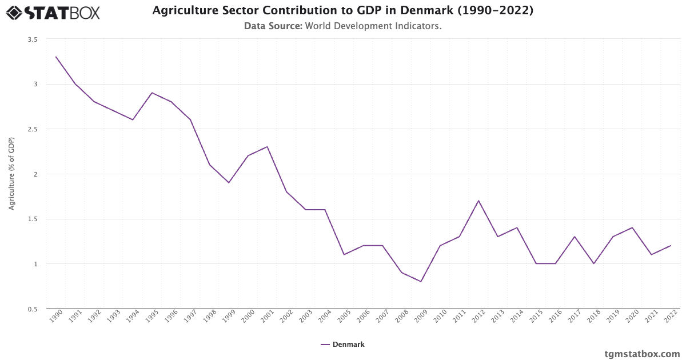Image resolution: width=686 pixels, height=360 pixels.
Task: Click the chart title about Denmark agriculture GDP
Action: pos(342,10)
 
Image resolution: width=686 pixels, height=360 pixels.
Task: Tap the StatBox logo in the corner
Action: pos(53,12)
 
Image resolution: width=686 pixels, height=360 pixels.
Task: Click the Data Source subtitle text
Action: pos(342,26)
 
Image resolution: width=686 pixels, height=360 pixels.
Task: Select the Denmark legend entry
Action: pos(342,344)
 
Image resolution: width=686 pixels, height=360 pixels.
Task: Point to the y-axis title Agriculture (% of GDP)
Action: pos(11,174)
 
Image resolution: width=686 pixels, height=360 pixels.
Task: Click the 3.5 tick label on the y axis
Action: pos(32,39)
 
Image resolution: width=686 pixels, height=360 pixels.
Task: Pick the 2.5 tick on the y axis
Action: pos(32,129)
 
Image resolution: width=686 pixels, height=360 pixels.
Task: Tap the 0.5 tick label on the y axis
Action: pos(32,309)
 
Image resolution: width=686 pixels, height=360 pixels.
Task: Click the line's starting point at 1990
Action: pos(56,57)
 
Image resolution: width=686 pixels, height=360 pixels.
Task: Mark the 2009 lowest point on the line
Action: pos(421,282)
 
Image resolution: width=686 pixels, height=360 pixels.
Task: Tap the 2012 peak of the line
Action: pos(478,201)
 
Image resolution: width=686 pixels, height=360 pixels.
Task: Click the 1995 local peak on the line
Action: pos(152,93)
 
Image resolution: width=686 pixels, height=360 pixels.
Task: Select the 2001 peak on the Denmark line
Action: pos(267,147)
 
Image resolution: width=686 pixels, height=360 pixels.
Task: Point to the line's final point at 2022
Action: pos(671,246)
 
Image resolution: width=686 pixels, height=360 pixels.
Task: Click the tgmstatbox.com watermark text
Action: pos(642,354)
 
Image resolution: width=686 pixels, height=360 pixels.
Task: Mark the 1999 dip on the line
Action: pos(229,183)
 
